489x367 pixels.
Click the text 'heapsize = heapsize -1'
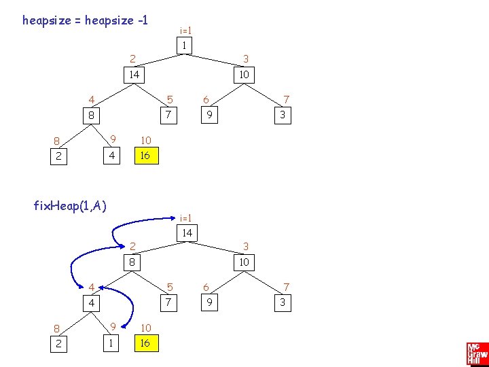click(85, 20)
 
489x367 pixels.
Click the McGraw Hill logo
click(477, 354)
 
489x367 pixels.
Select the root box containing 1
click(183, 46)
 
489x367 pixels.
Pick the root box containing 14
click(187, 233)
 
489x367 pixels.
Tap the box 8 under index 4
click(90, 116)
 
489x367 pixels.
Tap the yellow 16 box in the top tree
click(144, 156)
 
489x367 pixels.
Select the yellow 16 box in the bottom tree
click(144, 343)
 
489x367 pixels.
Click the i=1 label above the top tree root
click(185, 31)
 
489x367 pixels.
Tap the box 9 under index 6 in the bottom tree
click(211, 302)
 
